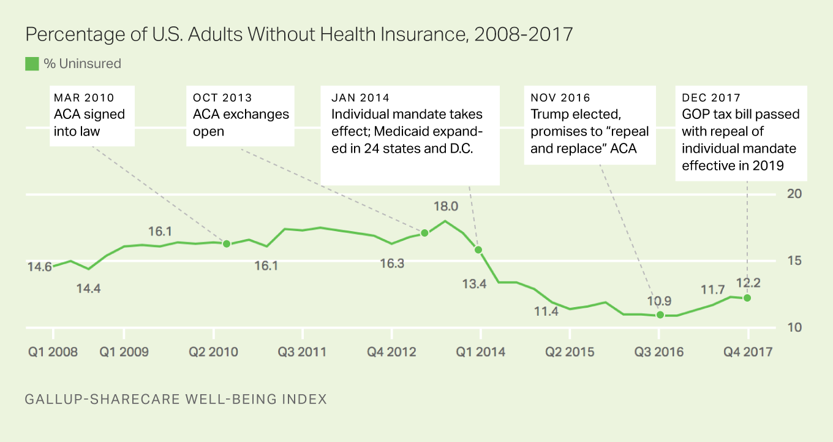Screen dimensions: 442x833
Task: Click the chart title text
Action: (x=299, y=34)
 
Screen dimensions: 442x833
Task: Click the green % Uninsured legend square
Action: (x=32, y=64)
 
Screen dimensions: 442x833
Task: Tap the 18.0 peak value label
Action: (x=445, y=206)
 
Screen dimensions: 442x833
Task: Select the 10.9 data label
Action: (x=659, y=301)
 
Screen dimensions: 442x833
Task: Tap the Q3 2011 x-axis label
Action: (x=302, y=352)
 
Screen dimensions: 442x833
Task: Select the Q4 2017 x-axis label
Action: (x=748, y=352)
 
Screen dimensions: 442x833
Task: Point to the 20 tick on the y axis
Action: (x=794, y=194)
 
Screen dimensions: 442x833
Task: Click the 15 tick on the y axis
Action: (x=794, y=261)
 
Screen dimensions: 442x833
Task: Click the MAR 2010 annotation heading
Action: (x=84, y=97)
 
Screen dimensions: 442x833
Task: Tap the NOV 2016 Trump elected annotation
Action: (x=590, y=123)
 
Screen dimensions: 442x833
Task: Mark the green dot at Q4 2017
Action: (x=747, y=298)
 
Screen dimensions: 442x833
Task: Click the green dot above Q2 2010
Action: (x=226, y=244)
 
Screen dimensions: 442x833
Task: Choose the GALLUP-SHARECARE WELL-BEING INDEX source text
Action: (x=176, y=400)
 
